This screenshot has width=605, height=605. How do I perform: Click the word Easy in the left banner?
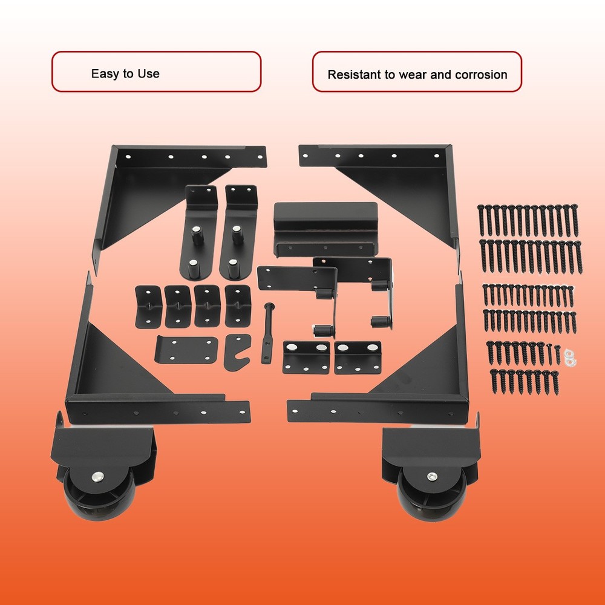coord(103,74)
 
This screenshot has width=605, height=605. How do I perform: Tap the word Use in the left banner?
coord(149,74)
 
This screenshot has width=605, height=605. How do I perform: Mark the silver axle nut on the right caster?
coord(431,477)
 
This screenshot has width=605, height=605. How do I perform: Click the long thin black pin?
coord(266,333)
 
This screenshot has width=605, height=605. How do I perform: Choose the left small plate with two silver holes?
coord(306,357)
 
